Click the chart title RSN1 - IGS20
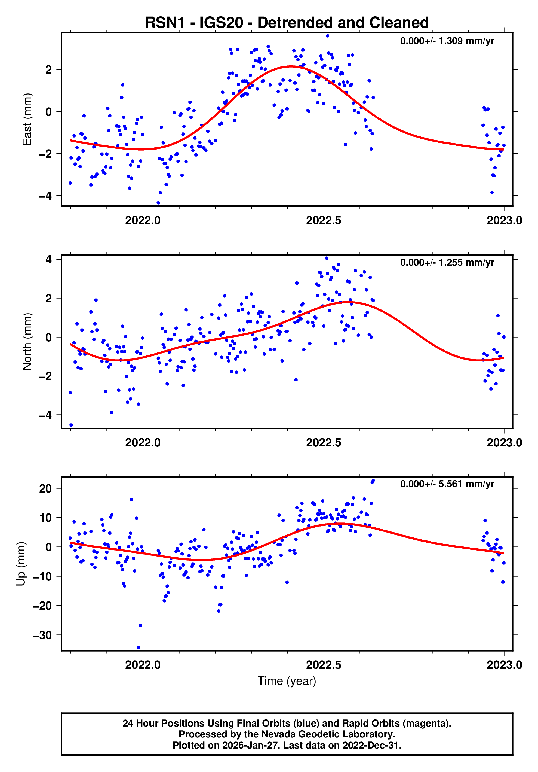[x=287, y=23]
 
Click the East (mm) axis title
[x=27, y=119]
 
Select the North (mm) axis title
[x=27, y=342]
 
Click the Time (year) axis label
[x=287, y=681]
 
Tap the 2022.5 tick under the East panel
[x=323, y=221]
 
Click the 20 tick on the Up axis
[x=45, y=488]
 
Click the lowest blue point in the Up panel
[x=138, y=647]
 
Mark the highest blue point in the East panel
[x=327, y=36]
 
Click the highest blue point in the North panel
[x=327, y=258]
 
